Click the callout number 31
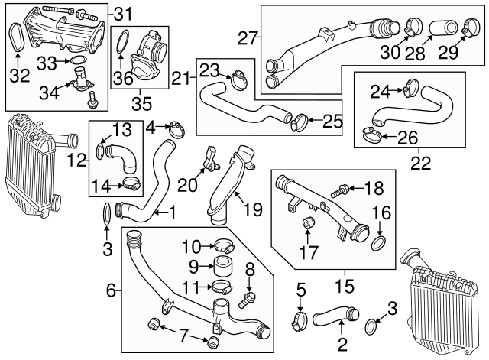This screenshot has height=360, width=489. point(123,13)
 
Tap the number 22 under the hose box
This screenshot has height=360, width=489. point(409,163)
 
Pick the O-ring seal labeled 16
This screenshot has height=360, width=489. point(377,243)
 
